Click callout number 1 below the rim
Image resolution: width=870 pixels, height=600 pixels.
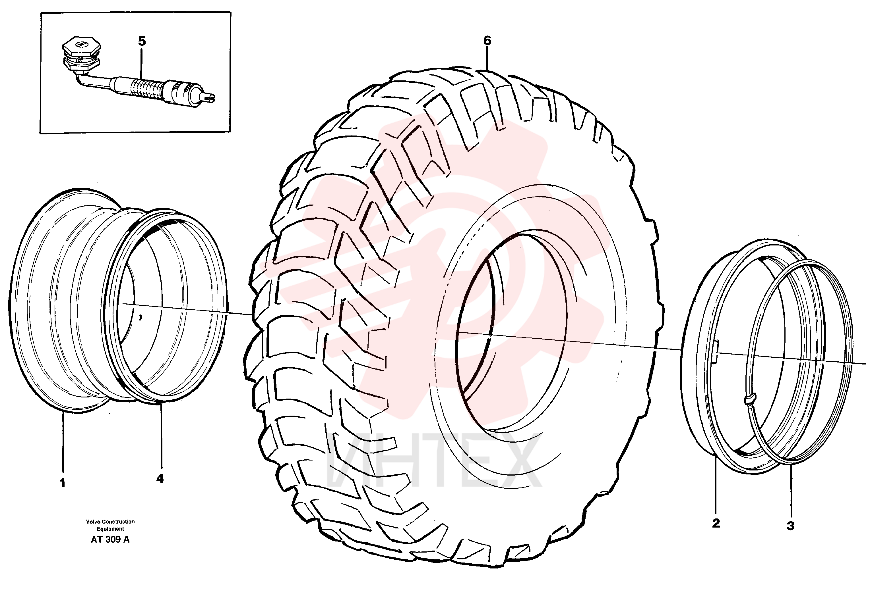63,483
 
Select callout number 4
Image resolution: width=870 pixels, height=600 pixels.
160,479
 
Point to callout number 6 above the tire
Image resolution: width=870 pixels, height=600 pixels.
487,41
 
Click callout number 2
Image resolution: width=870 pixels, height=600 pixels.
716,523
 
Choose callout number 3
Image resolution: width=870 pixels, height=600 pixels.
790,526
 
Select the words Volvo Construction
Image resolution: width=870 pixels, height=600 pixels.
110,521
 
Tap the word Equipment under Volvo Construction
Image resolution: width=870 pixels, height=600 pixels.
110,529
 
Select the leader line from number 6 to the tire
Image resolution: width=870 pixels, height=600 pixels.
487,59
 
